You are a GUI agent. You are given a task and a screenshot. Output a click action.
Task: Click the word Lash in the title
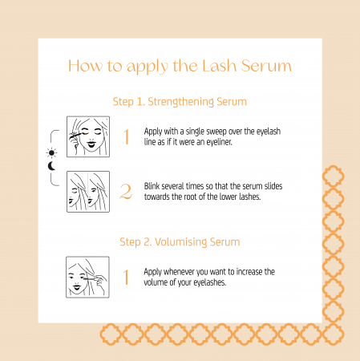[x=219, y=66]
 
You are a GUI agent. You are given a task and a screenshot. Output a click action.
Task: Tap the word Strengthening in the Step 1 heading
[x=180, y=102]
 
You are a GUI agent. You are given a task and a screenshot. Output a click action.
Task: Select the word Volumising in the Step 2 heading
[x=181, y=242]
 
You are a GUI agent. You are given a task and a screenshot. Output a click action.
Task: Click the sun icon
[x=51, y=153]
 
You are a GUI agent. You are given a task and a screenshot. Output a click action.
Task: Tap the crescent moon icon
[x=51, y=166]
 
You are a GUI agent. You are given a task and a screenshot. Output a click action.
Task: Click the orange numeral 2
[x=126, y=192]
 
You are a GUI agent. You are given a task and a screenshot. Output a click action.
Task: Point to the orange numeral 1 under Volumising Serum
[x=126, y=277]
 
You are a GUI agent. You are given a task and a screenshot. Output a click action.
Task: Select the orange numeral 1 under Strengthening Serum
[x=127, y=136]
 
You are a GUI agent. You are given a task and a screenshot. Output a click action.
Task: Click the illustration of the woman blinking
[x=88, y=192]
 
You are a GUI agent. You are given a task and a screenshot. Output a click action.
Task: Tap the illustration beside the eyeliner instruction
[x=88, y=136]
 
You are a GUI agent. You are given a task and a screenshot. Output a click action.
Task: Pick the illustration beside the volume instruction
[x=87, y=277]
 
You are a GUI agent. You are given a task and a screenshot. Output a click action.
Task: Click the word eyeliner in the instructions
[x=219, y=142]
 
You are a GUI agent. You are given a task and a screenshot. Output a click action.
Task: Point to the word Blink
[x=152, y=186]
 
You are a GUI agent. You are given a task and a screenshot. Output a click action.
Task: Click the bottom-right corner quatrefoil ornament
[x=333, y=334]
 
